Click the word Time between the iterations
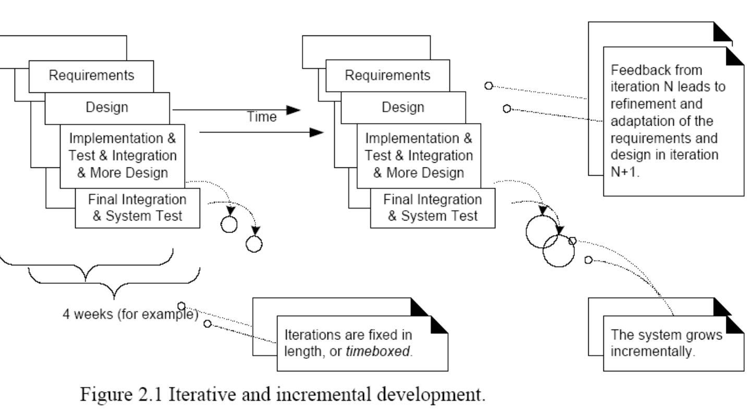(262, 117)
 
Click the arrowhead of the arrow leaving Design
(294, 110)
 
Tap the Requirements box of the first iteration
(91, 75)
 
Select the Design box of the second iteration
(403, 107)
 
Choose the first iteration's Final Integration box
(137, 208)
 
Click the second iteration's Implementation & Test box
(419, 155)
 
